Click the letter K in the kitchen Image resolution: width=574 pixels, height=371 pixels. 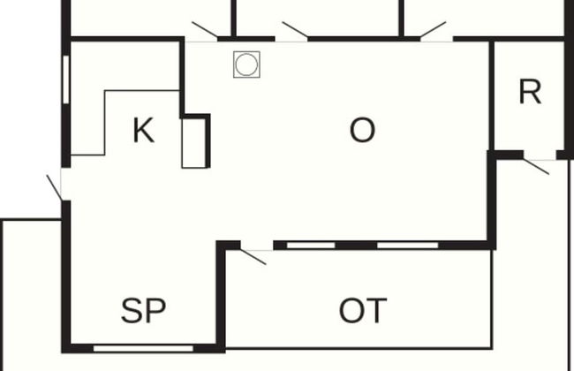coord(143,131)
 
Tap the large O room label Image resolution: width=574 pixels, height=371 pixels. coord(362,130)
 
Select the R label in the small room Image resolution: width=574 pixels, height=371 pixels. coord(530,92)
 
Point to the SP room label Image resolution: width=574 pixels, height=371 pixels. coord(143,311)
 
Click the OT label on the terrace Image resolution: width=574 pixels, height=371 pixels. coord(363,311)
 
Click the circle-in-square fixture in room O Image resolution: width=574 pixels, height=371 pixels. coord(246,64)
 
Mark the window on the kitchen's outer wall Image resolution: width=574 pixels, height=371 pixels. coord(66,79)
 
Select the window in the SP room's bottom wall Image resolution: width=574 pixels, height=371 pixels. coord(143,348)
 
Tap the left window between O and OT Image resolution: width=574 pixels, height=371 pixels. coord(311,245)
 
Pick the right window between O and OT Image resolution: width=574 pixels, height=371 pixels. coord(407,245)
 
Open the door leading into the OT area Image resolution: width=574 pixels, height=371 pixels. coord(253,256)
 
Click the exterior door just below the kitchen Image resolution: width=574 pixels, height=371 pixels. coord(54,188)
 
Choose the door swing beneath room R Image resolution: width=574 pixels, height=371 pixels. coord(536,166)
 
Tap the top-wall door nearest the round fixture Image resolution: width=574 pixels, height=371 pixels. coord(205,30)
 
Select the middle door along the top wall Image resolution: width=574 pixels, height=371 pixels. coord(295,30)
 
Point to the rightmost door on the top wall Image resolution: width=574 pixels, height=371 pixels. coord(433,30)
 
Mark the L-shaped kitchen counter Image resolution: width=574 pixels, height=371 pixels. coord(125,123)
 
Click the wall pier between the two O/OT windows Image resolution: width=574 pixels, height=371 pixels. coord(356,245)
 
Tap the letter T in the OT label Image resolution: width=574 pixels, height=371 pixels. coord(377,311)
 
